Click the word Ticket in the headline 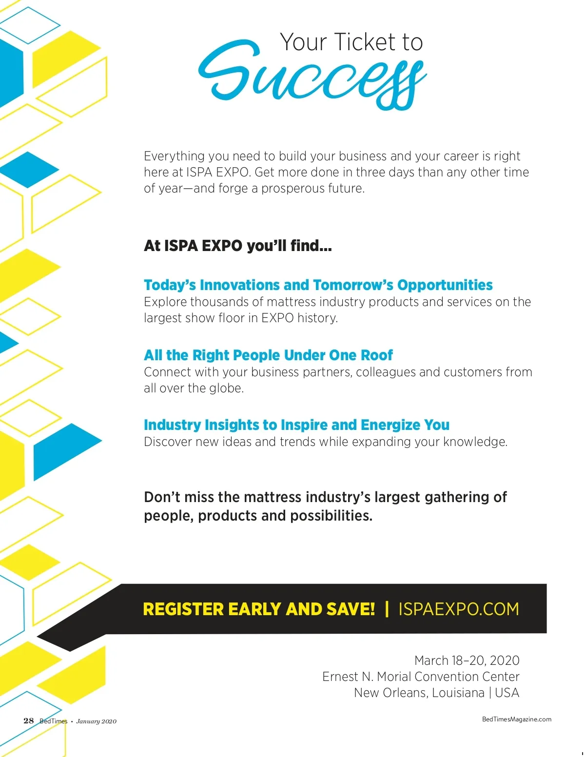click(x=363, y=42)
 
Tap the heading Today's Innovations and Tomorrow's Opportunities click(x=318, y=285)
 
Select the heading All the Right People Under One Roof click(x=268, y=355)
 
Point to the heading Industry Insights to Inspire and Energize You click(x=296, y=425)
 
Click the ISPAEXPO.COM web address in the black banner click(x=459, y=609)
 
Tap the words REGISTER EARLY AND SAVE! click(x=259, y=609)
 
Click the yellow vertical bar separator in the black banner click(x=387, y=609)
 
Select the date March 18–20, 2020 click(x=467, y=660)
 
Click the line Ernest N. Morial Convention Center click(x=421, y=677)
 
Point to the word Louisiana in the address click(x=458, y=693)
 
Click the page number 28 click(x=29, y=721)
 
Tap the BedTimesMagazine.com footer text click(x=517, y=719)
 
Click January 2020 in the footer click(x=96, y=721)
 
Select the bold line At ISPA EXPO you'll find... click(x=237, y=246)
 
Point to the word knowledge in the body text click(x=475, y=442)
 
